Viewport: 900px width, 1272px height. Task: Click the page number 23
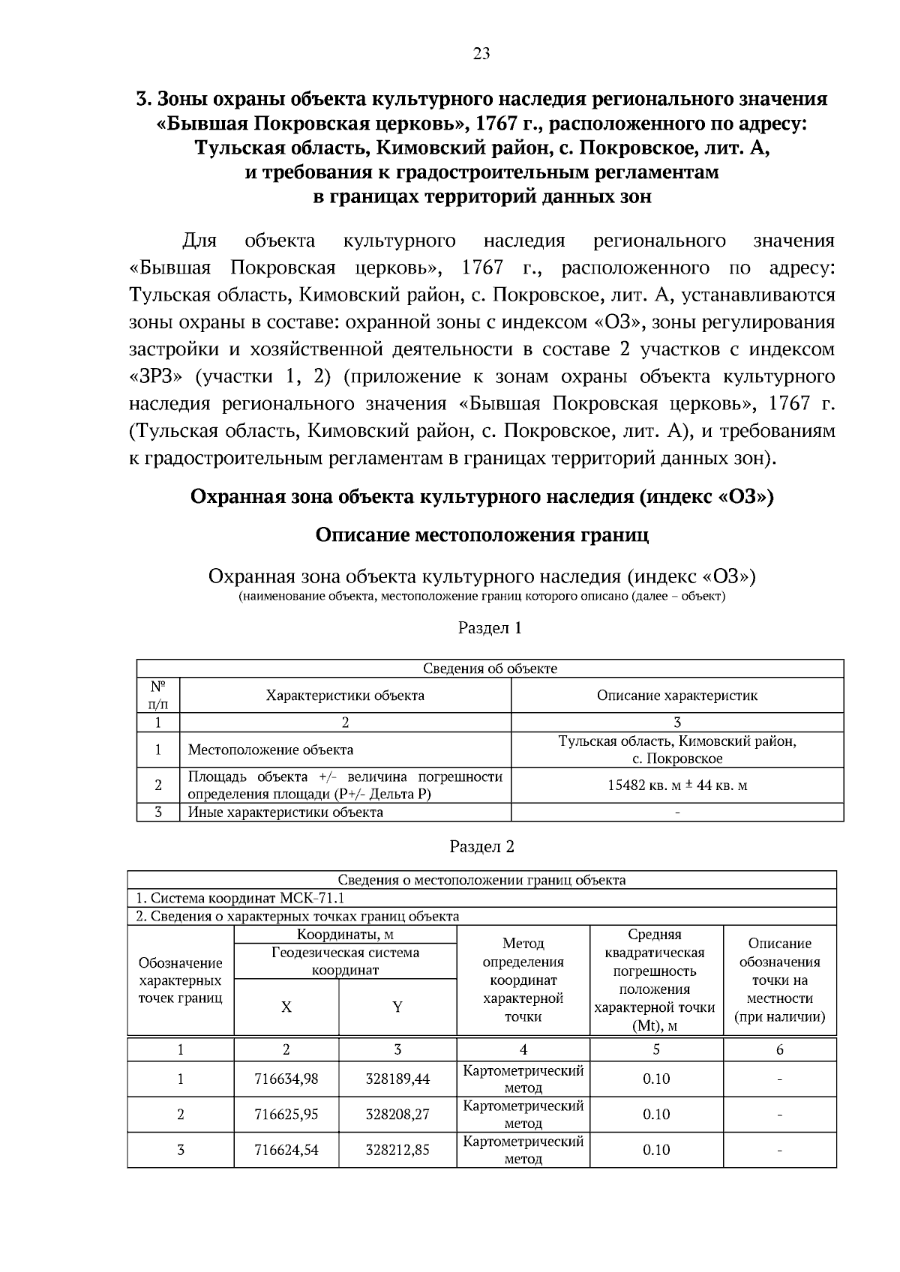click(481, 53)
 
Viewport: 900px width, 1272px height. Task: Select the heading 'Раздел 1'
click(490, 628)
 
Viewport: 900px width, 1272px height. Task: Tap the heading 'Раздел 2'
click(481, 847)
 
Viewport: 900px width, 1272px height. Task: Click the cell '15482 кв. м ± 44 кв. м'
click(676, 786)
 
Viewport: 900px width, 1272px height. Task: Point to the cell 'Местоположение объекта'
click(270, 750)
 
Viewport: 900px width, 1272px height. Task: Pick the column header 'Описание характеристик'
click(676, 696)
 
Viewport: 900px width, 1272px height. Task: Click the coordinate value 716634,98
click(286, 1079)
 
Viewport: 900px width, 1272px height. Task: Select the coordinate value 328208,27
click(397, 1115)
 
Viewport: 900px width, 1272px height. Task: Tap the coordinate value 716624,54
click(286, 1150)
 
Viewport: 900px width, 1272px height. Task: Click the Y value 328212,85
click(397, 1150)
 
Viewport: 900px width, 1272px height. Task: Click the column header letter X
click(286, 1007)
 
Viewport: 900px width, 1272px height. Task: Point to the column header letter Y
click(397, 1007)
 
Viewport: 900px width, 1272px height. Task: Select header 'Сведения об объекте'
click(490, 669)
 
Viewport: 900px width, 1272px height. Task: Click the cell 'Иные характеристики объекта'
click(285, 813)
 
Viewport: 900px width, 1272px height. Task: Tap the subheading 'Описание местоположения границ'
click(481, 535)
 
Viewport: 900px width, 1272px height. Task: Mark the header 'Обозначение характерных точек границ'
click(181, 980)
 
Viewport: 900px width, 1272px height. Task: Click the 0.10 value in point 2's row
click(656, 1115)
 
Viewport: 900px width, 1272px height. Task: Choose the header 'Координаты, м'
click(345, 935)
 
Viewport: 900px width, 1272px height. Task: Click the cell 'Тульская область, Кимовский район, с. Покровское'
click(676, 750)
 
